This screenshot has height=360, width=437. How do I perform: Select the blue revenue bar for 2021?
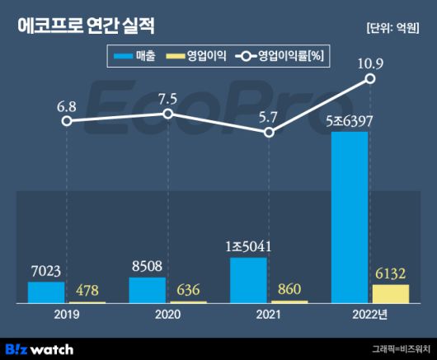click(248, 280)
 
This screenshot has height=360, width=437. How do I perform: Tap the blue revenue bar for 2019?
click(45, 292)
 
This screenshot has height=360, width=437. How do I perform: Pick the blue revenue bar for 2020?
click(147, 290)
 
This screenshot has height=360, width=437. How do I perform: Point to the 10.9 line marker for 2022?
click(370, 78)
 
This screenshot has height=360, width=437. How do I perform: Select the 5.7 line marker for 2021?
click(269, 132)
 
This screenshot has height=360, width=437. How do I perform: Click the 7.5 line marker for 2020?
click(167, 114)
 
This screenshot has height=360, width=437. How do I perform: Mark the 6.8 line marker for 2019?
click(66, 121)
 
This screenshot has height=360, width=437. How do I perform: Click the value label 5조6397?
click(350, 120)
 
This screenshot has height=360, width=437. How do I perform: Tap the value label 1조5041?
click(248, 246)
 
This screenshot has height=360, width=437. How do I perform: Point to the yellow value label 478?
click(87, 290)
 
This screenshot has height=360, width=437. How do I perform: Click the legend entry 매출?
click(132, 57)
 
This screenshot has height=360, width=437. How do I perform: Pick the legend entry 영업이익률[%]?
click(280, 57)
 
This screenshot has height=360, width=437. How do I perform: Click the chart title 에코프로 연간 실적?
click(78, 26)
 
